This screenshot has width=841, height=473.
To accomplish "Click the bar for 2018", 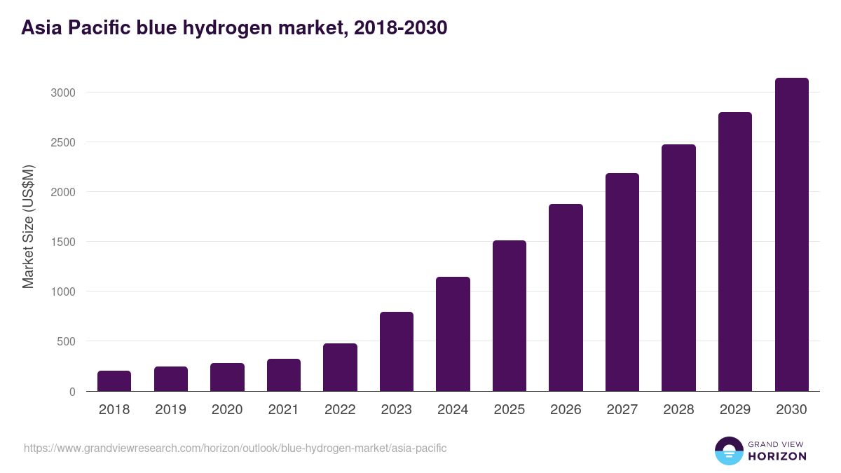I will [114, 381].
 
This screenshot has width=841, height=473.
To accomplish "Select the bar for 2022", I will [340, 367].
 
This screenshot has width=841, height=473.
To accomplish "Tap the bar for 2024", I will [453, 334].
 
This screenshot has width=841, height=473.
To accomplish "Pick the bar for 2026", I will [566, 298].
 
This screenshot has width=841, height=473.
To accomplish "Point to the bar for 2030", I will [791, 235].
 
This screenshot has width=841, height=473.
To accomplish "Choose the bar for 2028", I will [678, 268].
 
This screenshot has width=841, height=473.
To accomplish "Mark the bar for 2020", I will [227, 377].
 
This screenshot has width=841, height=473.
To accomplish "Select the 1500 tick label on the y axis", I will [62, 242].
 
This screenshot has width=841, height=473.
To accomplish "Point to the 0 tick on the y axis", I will [71, 392].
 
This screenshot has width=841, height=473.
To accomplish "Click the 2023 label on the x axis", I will [397, 410].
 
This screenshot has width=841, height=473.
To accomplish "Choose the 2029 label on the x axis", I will [735, 410].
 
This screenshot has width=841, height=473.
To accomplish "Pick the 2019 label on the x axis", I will [171, 410].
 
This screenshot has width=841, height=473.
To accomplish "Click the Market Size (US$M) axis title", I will [28, 226].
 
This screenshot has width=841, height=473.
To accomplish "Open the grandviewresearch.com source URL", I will [235, 448].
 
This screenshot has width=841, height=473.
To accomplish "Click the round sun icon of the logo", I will [729, 451].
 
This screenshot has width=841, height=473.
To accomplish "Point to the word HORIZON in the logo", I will [777, 456].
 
